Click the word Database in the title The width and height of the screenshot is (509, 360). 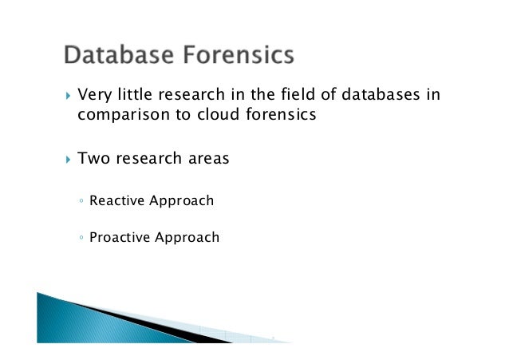point(117,55)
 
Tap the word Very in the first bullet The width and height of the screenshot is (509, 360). point(93,96)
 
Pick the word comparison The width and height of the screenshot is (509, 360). point(121,115)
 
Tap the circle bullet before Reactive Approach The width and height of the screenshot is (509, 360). point(82,201)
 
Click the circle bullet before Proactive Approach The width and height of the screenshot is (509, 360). point(82,238)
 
